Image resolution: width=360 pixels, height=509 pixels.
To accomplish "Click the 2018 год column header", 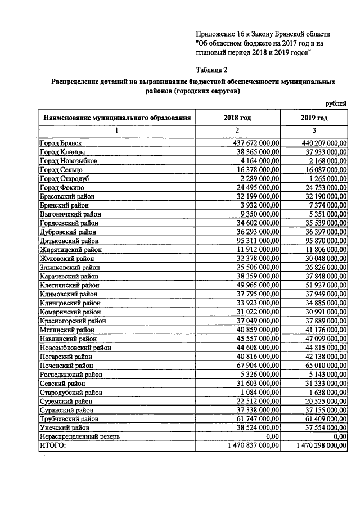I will (x=237, y=118).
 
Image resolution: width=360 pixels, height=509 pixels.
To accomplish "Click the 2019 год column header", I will (x=314, y=118).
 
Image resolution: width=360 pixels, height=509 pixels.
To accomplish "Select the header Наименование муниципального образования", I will (x=117, y=118).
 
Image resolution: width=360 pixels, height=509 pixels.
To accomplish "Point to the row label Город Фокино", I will (x=62, y=187).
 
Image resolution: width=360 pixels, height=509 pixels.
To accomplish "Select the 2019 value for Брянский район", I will (x=323, y=205).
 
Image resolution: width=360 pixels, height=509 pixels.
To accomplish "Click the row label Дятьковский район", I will (x=68, y=241).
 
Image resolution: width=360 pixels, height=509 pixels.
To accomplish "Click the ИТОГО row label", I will (x=52, y=445).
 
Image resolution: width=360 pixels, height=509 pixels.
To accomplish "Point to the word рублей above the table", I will (x=336, y=104).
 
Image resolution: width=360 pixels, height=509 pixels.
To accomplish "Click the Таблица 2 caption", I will (x=212, y=70).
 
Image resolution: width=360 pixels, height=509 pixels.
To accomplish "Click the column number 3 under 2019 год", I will (x=314, y=130).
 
